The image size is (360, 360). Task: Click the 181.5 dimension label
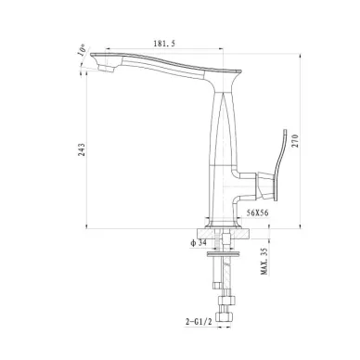(x=164, y=44)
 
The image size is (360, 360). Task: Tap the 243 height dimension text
(x=82, y=149)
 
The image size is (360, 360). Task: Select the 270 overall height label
(x=295, y=141)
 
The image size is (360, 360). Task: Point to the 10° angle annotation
(x=82, y=50)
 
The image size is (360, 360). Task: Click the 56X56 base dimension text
(x=257, y=212)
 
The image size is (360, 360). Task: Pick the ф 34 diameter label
(x=199, y=243)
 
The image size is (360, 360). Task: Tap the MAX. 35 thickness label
(x=264, y=262)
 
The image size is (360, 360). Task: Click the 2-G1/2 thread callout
(x=199, y=322)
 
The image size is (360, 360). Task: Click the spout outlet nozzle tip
(x=108, y=68)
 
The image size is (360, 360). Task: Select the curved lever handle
(x=280, y=164)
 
